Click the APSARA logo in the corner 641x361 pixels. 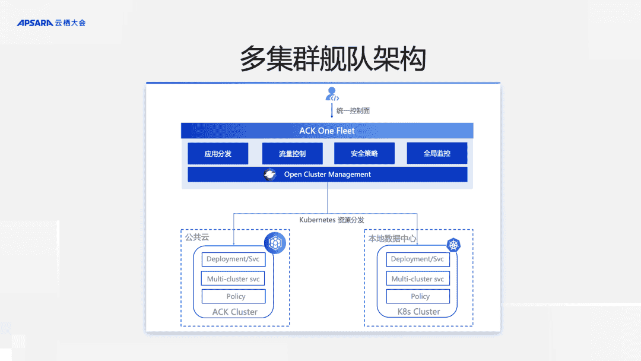[x=51, y=23]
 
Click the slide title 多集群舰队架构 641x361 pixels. [x=333, y=59]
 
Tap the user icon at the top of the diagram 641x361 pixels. [x=332, y=94]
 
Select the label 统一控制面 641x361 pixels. [x=353, y=110]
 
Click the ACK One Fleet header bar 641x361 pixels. [x=327, y=131]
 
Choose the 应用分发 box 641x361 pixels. [x=218, y=153]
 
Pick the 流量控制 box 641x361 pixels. [x=292, y=153]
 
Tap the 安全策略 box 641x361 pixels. [x=364, y=153]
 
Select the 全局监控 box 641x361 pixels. [x=437, y=153]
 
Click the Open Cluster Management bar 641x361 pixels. [x=327, y=175]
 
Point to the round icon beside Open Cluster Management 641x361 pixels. [x=270, y=175]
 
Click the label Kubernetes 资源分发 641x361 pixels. [x=331, y=220]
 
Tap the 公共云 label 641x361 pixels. [x=197, y=237]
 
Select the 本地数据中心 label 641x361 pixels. [x=392, y=239]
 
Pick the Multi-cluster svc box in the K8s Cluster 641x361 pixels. [x=418, y=278]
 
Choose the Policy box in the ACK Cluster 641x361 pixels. [x=236, y=296]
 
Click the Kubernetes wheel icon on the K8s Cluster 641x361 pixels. [x=454, y=245]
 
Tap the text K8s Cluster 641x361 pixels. [x=418, y=312]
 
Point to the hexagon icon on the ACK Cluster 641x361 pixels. [x=275, y=242]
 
